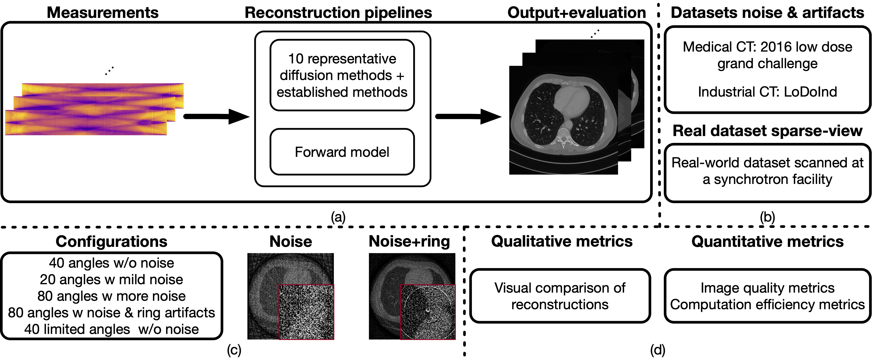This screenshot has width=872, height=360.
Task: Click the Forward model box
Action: [x=342, y=152]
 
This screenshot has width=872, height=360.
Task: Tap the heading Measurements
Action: [x=103, y=13]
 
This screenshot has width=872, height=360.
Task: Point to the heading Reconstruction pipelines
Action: [x=338, y=13]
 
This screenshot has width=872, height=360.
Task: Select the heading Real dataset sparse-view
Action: [x=767, y=131]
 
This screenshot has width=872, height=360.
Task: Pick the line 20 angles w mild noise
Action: [x=111, y=279]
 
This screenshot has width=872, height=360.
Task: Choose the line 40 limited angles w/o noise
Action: [x=111, y=329]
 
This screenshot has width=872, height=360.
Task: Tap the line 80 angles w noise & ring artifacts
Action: [x=111, y=313]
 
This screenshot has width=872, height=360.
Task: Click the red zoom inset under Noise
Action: [x=306, y=312]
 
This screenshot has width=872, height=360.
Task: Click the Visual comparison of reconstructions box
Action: [x=560, y=296]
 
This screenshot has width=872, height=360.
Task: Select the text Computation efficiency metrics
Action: [x=767, y=304]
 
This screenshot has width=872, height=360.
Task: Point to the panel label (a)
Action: [x=338, y=217]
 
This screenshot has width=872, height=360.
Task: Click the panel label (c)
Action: [x=234, y=350]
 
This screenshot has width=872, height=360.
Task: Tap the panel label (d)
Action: [x=657, y=350]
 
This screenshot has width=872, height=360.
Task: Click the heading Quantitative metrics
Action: [x=767, y=242]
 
